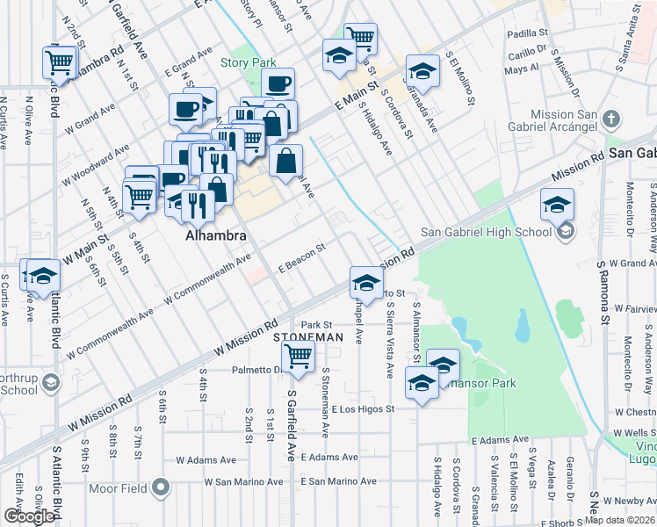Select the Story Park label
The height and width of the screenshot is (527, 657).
pos(249,62)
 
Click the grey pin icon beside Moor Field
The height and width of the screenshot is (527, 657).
pos(160,486)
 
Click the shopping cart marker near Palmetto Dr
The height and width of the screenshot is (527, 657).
pos(298,356)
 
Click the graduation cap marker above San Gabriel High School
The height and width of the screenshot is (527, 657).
pos(556,204)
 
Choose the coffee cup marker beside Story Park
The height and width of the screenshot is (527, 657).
pos(278,83)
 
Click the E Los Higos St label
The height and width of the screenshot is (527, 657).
pos(363,408)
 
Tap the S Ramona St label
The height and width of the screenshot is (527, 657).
pos(603,291)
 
